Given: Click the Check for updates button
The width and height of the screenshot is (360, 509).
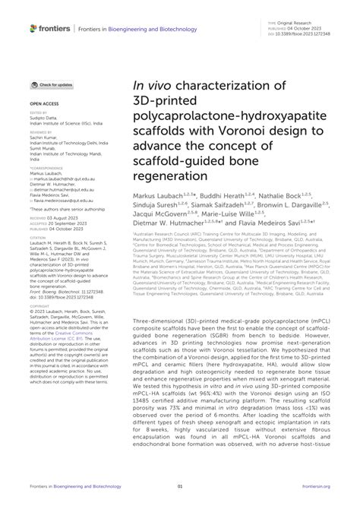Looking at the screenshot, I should [x=52, y=85].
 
